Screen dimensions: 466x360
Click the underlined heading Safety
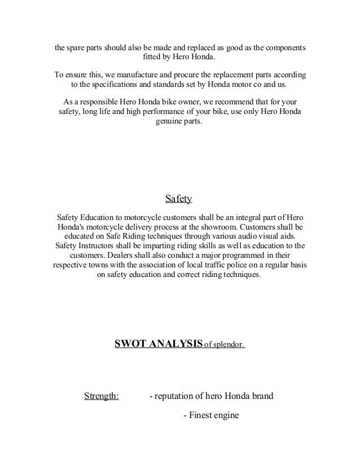point(179,199)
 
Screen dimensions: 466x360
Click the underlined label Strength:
point(101,395)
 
